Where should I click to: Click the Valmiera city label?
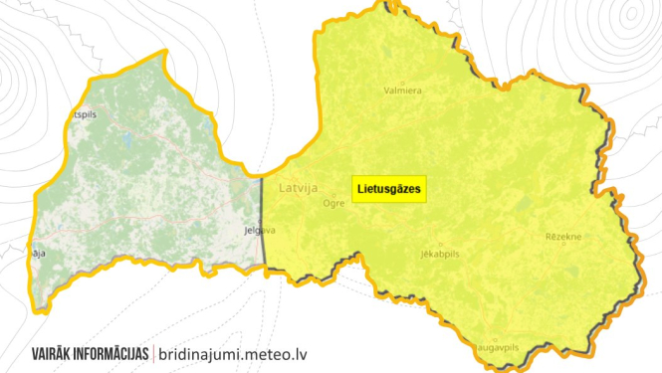403,91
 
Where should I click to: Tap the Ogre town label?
333,202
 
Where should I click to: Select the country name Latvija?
298,186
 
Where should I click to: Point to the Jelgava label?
259,230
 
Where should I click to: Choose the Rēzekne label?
563,237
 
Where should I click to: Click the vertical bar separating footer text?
153,353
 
